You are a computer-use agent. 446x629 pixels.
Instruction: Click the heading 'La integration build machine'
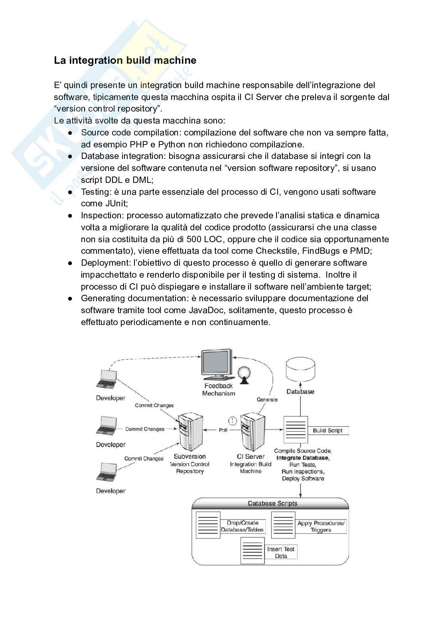[125, 61]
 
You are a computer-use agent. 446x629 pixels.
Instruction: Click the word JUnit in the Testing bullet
[115, 204]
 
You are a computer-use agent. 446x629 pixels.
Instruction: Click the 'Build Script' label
[328, 431]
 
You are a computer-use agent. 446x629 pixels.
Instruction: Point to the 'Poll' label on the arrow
[223, 430]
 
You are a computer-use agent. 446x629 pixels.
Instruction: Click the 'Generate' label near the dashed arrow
[267, 400]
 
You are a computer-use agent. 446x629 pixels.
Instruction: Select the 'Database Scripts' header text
[272, 504]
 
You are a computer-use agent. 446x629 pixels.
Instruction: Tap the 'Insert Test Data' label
[281, 553]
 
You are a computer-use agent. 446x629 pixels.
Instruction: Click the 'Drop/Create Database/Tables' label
[243, 526]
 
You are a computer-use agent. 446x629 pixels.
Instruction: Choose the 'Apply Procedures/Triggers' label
[321, 526]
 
